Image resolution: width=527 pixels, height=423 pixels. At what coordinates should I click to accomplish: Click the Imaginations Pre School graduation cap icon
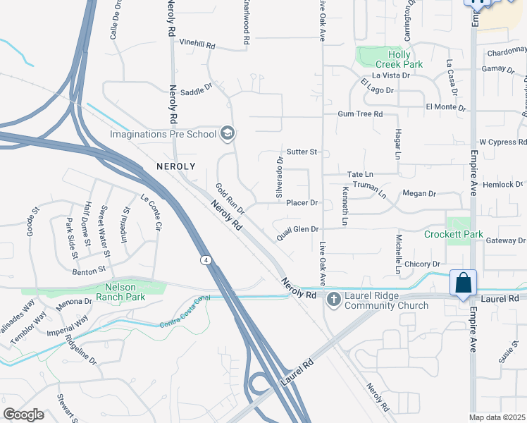click(227, 133)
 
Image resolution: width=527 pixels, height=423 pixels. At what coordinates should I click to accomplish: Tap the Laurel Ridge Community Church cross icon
click(333, 300)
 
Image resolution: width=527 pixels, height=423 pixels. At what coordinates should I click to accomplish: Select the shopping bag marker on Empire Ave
click(464, 283)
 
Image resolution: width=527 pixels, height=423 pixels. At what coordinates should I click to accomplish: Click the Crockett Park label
click(453, 234)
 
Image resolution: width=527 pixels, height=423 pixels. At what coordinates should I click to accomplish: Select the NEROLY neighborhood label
click(175, 166)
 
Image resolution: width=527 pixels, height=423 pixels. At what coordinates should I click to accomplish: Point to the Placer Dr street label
click(303, 203)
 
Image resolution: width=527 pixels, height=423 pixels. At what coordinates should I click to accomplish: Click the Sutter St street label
click(303, 152)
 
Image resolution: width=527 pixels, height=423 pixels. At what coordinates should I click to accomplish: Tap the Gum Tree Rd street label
click(359, 114)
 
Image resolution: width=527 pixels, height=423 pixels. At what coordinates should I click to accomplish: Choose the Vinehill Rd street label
click(197, 44)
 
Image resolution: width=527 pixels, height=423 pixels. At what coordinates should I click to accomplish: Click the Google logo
click(23, 414)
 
